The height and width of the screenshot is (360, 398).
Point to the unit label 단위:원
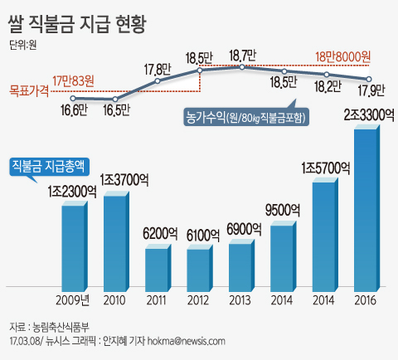(24, 46)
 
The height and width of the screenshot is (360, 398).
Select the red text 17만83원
(74, 80)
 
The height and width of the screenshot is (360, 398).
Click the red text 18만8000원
(343, 57)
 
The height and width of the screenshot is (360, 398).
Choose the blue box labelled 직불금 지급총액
(49, 165)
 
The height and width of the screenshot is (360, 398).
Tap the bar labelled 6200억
(157, 265)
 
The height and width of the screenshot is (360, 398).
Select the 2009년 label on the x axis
(74, 299)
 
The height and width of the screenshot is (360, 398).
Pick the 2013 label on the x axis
(240, 299)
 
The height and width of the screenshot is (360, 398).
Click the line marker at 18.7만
(242, 69)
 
